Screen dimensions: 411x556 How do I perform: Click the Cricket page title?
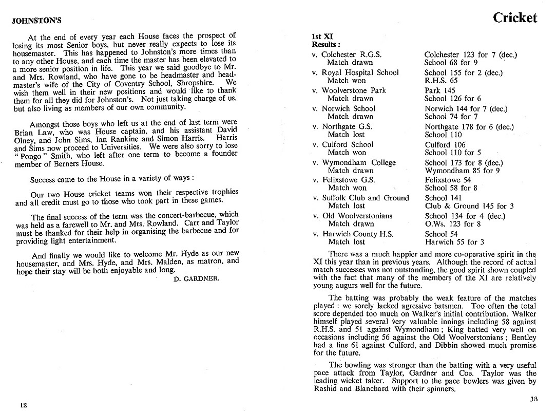click(514, 18)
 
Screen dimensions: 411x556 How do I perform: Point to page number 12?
click(23, 405)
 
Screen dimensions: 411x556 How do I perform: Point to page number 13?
click(533, 399)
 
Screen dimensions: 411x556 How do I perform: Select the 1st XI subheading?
click(322, 36)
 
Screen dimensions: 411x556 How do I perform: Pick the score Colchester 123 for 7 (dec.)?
click(470, 54)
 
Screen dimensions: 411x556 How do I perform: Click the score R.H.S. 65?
click(441, 81)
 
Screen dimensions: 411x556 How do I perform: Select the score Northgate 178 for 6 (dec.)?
click(469, 126)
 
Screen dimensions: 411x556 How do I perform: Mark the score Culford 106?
click(445, 144)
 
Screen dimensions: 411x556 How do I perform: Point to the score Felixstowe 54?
click(448, 180)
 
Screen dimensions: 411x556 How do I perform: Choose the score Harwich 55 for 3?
click(454, 241)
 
